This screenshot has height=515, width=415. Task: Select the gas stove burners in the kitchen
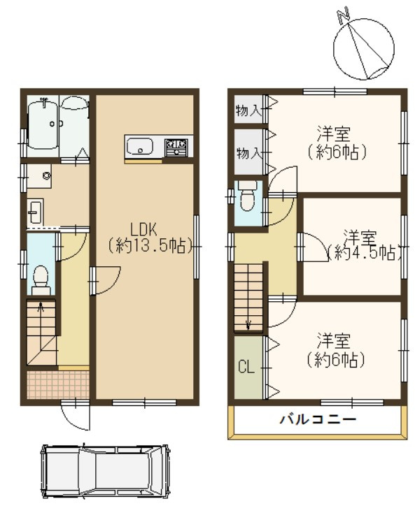(176, 147)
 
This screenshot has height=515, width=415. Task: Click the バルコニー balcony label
(318, 420)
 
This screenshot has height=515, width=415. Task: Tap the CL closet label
(245, 367)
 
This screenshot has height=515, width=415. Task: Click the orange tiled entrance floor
(57, 384)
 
